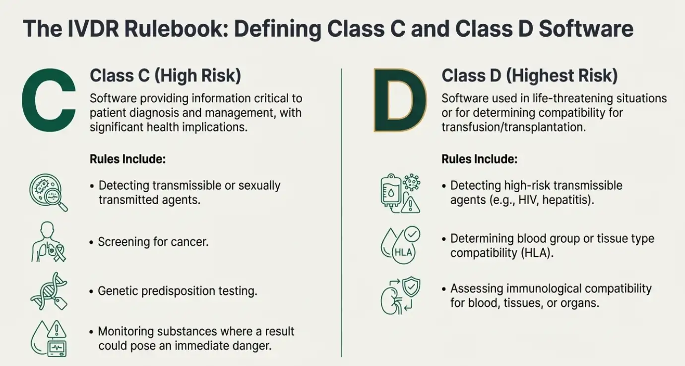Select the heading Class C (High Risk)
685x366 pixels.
[x=166, y=75]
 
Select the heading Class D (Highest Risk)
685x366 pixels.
[x=530, y=75]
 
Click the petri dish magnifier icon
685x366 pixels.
[x=48, y=193]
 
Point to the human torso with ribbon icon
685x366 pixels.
[x=48, y=242]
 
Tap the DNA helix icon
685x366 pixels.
[x=49, y=291]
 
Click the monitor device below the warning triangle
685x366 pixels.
[x=58, y=348]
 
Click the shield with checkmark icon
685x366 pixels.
[x=411, y=287]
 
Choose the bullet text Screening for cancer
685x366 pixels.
[x=153, y=242]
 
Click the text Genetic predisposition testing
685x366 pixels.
[x=178, y=291]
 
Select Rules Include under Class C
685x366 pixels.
[x=127, y=159]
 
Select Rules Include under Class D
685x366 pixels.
[x=480, y=159]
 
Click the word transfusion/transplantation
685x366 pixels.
[x=513, y=127]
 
